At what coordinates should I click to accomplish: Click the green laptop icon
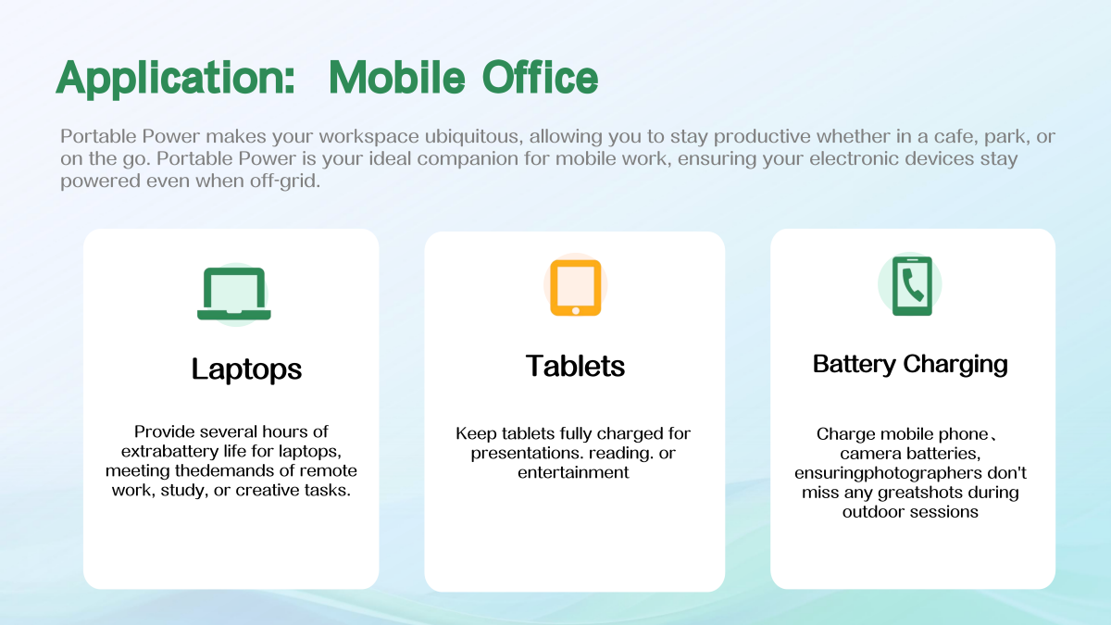pos(234,294)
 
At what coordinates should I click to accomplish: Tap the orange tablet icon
pos(575,287)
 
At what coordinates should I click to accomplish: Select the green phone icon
pos(912,286)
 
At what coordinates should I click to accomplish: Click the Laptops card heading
pos(246,369)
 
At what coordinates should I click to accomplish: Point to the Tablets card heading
pos(575,366)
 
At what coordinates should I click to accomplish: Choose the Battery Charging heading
pos(910,365)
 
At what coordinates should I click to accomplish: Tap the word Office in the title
pos(540,78)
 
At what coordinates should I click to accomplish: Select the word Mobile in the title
pos(397,78)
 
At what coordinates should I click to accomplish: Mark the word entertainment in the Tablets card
pos(573,472)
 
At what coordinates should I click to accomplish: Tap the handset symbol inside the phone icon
pos(913,285)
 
